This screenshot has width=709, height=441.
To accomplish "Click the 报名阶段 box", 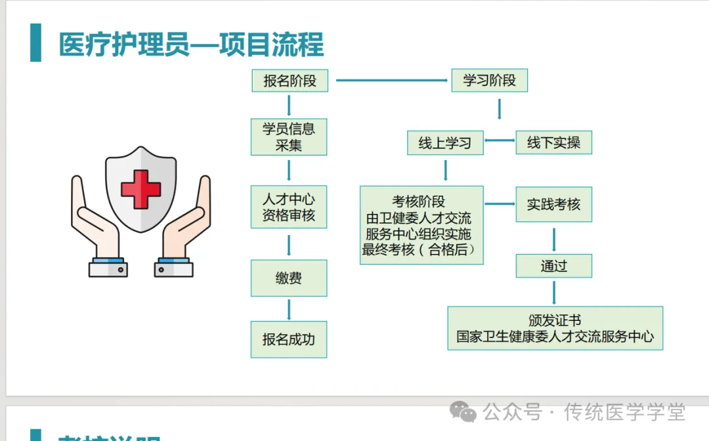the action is coord(290,81).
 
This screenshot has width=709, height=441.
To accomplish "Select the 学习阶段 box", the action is coord(489,81).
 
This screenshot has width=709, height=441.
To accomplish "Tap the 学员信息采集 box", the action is coord(289,136).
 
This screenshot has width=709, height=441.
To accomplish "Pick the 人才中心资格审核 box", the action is coord(289,207).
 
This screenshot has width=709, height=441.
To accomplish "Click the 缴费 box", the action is coord(289,278).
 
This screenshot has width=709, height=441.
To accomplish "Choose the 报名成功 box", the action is coord(289,339).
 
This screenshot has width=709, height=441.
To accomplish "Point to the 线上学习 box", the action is coord(445,142).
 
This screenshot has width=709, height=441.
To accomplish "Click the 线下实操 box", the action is coord(553,142).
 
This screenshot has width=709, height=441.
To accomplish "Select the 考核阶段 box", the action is coord(421,225).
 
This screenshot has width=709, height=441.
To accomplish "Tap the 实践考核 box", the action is coord(553,204).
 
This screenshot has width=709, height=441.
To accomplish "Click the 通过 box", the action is coord(553,266).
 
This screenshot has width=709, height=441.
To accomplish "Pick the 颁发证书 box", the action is coord(555,328).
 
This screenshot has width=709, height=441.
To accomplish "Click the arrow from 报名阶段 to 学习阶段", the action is coord(392,81).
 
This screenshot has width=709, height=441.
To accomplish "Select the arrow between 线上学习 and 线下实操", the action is coord(500,140).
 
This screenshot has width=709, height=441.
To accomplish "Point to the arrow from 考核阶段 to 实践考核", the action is coord(500,204).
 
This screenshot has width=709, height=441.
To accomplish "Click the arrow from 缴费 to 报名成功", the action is coord(289,309).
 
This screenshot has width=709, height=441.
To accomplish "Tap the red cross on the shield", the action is coord(141,189).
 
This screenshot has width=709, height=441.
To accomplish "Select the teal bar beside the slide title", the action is coord(35,43).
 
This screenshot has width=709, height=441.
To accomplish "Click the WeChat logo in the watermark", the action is coord(464,412).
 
